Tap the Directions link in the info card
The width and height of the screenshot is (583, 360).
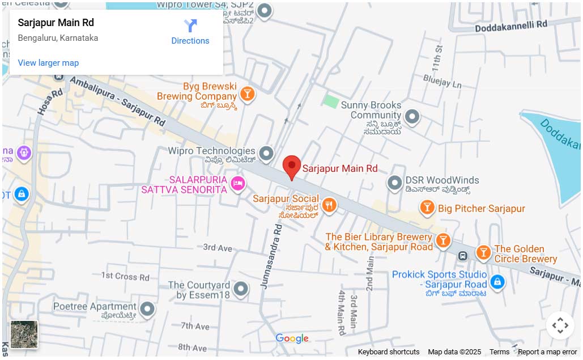[x=190, y=32]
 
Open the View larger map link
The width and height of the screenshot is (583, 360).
[x=48, y=63]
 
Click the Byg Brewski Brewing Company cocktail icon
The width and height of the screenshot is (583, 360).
[x=247, y=93]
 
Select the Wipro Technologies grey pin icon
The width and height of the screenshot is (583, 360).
[x=266, y=153]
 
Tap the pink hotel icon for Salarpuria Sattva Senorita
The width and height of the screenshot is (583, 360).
[x=239, y=183]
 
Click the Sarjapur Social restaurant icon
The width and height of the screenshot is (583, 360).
[x=329, y=205]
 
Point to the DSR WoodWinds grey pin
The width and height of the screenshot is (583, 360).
[x=394, y=183]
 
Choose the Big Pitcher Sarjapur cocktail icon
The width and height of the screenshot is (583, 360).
[x=427, y=208]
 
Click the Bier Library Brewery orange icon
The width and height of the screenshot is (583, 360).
[x=443, y=240]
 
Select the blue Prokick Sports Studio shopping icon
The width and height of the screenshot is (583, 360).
[x=497, y=282]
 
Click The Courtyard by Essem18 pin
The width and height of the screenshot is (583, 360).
[x=241, y=289]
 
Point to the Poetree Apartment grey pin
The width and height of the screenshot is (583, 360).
[x=147, y=309]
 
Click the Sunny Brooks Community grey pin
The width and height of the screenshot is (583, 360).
[x=412, y=117]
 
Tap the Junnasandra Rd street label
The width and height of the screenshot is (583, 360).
[x=271, y=257]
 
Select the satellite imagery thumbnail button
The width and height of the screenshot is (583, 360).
[x=24, y=334]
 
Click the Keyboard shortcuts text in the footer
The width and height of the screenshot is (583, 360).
[x=389, y=352]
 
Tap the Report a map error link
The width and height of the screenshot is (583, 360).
[x=547, y=352]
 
